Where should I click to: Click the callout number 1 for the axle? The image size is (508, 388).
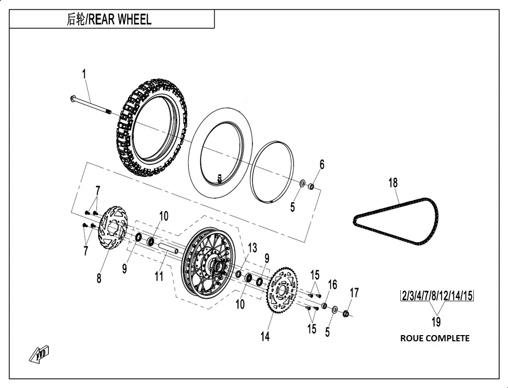pos(84,75)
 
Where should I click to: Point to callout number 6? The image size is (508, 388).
pos(322,165)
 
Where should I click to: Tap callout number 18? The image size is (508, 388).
pos(393,183)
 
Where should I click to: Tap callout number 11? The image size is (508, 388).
pos(159,276)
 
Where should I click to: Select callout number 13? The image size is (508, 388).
pos(252,248)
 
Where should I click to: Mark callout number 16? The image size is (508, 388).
pos(332,284)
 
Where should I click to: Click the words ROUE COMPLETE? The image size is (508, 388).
pos(434,338)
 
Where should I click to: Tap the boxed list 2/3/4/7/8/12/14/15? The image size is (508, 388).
pos(436,296)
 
